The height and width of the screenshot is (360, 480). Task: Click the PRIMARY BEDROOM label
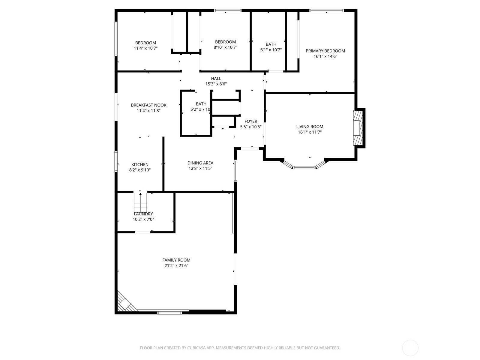[325, 51]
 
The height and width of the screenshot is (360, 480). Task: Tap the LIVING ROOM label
[310, 127]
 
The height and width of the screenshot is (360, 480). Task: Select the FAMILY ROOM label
[176, 260]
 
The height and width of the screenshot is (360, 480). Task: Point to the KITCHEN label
[140, 164]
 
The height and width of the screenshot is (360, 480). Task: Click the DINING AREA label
[200, 163]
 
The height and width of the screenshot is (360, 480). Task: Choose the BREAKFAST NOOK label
[149, 105]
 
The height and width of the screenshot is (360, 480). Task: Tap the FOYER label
[251, 121]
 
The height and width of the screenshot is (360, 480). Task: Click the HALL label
[216, 79]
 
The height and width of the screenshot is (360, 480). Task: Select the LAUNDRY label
[143, 214]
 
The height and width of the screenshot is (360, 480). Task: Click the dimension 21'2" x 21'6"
[176, 265]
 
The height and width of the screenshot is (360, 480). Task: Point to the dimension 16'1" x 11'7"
[310, 132]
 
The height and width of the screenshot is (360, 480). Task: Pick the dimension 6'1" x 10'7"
[271, 50]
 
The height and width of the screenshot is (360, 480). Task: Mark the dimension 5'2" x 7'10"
[200, 109]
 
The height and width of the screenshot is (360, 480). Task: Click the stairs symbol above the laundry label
[140, 202]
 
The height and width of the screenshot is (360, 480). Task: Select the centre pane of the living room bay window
[304, 168]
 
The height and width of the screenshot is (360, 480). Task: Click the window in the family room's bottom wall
[170, 313]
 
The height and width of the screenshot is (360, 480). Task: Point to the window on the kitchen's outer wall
[116, 161]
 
